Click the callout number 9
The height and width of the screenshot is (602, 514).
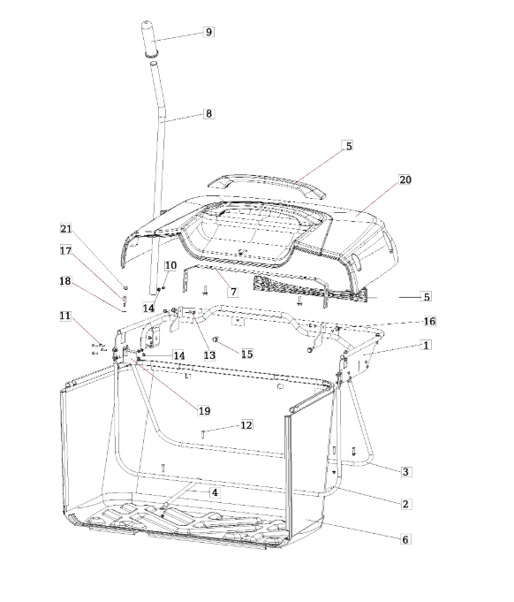coord(208,32)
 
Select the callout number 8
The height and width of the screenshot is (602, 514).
coord(208,114)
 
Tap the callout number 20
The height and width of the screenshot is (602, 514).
coord(405,179)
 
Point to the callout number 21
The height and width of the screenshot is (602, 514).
coord(66,229)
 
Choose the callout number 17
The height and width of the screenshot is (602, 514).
coord(66,251)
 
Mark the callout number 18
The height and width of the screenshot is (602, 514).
coord(65,281)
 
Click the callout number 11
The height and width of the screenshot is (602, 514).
coord(65,316)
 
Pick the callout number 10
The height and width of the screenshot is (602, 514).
coord(170,265)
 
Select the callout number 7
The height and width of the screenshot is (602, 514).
coord(233,292)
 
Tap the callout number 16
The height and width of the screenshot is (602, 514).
coord(429,321)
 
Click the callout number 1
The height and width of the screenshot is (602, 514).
coord(426,345)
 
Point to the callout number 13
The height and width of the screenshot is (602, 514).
coord(209,355)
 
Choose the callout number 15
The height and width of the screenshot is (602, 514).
coord(247,354)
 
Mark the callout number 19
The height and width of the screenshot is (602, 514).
coord(204,411)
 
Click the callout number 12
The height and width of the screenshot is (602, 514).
coord(246,425)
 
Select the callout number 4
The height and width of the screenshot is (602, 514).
coord(215,492)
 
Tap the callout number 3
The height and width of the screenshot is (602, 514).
coord(406,471)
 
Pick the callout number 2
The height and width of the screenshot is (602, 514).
coord(406,504)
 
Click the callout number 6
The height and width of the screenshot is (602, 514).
coord(405,539)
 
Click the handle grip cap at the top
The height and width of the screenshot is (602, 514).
coord(153,39)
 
